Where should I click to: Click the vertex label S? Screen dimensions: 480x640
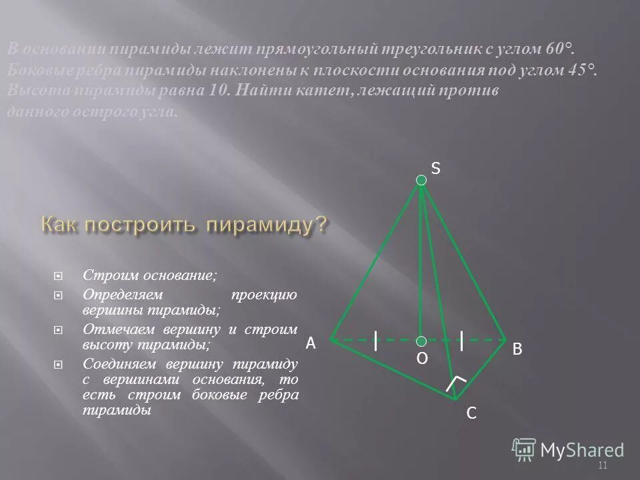pos(435,169)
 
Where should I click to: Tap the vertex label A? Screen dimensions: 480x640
pos(310,343)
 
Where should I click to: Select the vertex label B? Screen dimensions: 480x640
pos(517,349)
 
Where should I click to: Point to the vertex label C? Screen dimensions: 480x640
pos(471,414)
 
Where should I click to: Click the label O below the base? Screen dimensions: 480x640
pos(421,359)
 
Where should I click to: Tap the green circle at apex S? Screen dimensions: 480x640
pos(421,180)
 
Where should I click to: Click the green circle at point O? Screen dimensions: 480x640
pos(421,340)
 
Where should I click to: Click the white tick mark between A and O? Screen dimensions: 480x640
pos(377,340)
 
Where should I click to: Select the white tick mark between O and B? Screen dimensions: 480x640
pos(461,340)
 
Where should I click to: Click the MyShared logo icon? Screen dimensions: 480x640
pos(525,449)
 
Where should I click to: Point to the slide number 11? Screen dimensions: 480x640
pos(603,465)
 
